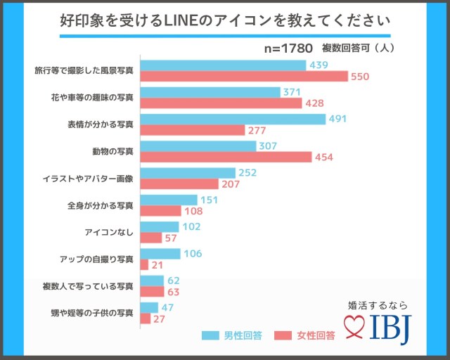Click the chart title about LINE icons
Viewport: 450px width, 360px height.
tap(225, 21)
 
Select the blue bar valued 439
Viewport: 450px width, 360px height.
tap(224, 65)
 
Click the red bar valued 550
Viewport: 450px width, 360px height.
tap(244, 76)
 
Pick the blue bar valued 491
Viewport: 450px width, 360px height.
tap(233, 119)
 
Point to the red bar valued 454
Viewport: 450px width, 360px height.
tap(226, 157)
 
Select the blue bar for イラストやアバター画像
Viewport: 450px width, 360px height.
tap(188, 173)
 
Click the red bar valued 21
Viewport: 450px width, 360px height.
tap(144, 264)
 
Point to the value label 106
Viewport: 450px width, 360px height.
tap(191, 254)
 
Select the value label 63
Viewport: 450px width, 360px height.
tap(174, 291)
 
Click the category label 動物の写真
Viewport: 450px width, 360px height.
tap(112, 151)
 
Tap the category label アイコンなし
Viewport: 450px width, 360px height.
tap(109, 231)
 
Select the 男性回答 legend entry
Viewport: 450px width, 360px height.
tap(232, 335)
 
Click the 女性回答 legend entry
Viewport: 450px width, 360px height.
tap(305, 335)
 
